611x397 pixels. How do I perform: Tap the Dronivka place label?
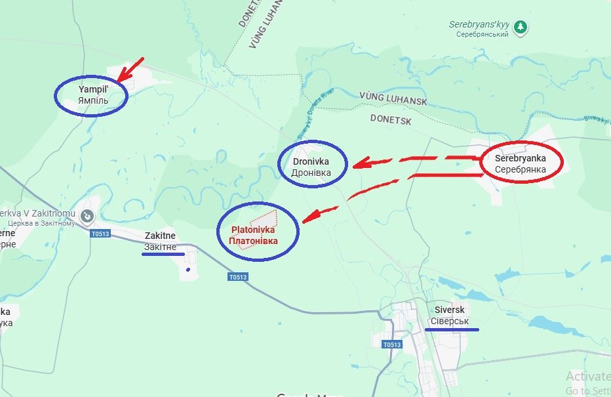coord(311,167)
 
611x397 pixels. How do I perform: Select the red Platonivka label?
coord(253,235)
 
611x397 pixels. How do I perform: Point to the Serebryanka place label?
coord(521,164)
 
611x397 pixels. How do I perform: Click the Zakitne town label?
coord(160,241)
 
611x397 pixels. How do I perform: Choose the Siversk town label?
coord(449,315)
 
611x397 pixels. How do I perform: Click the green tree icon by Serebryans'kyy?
coord(521,28)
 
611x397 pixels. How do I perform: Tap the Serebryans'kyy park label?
coord(479,28)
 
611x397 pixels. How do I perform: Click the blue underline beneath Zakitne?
coord(163,254)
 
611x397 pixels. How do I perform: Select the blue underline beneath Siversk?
coord(452,329)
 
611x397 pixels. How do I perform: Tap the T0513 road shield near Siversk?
coord(392,345)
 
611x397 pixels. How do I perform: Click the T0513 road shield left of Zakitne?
coord(100,234)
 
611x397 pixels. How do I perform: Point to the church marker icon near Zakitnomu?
coord(86,215)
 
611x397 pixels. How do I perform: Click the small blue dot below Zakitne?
coord(188,269)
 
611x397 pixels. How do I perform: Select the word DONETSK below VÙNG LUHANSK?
coord(390,119)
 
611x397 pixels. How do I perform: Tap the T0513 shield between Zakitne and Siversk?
coord(238,277)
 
